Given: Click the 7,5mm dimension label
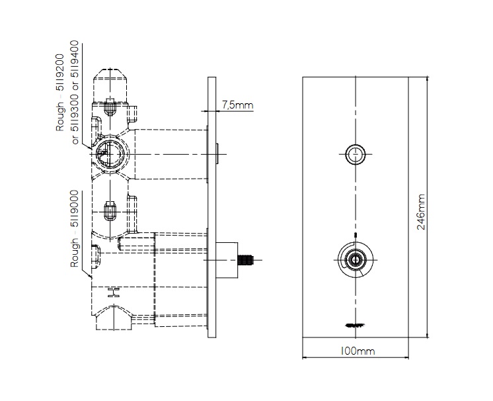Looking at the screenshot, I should click(237, 105).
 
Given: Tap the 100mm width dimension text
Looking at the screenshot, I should click(356, 351).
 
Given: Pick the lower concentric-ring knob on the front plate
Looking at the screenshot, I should click(356, 259).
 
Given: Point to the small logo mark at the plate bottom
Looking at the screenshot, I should click(356, 324).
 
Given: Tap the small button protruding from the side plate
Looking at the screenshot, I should click(217, 154).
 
